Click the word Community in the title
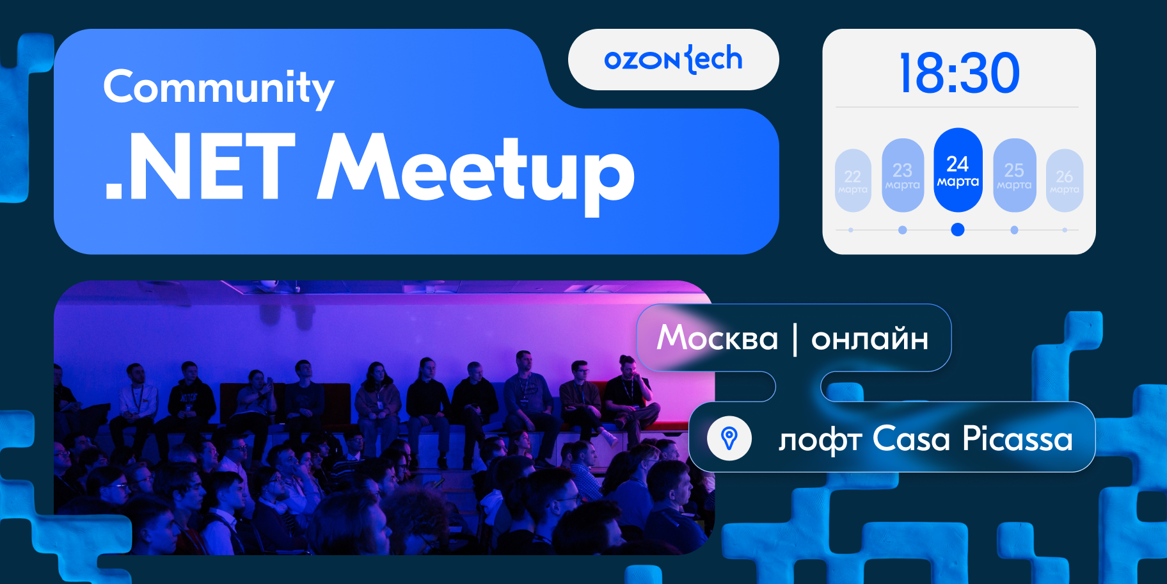click(218, 88)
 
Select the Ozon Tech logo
click(673, 60)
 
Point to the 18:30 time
click(958, 74)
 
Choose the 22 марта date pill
click(853, 181)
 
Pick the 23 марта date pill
click(903, 175)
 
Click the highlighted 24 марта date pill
click(958, 170)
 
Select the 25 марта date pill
click(1014, 175)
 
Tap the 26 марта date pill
click(1064, 181)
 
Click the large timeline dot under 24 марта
click(958, 229)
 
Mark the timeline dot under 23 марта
click(902, 230)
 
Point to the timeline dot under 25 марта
click(1014, 230)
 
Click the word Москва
click(717, 337)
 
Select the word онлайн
click(869, 339)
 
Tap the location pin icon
click(729, 439)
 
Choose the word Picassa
click(1017, 439)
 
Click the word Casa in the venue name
click(911, 439)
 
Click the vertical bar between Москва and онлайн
click(795, 339)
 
